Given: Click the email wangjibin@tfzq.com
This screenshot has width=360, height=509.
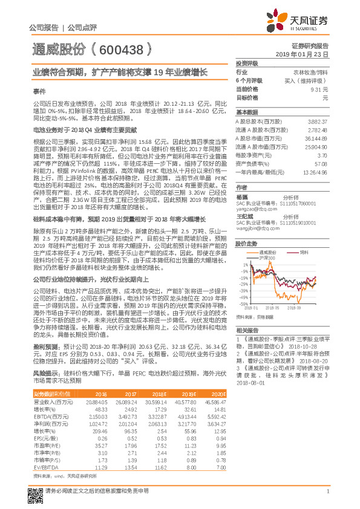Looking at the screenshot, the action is (x=257, y=229).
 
